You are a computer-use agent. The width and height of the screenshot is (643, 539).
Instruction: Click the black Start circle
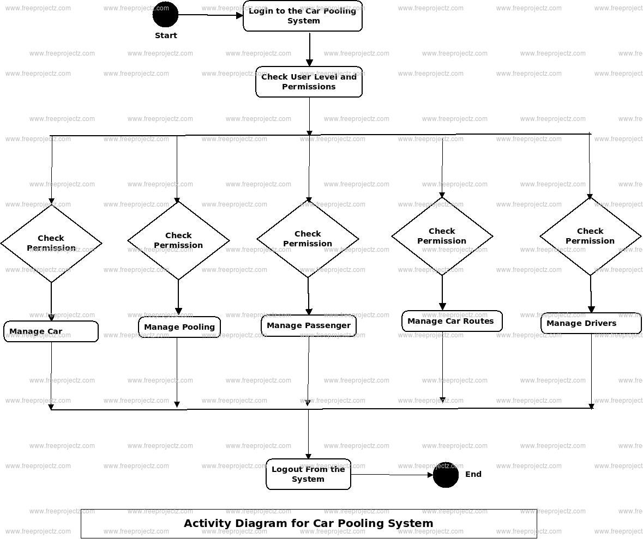tap(165, 15)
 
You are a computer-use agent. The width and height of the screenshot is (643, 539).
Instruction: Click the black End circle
tap(446, 475)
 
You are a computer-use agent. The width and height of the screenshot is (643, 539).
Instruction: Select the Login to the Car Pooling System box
tap(303, 16)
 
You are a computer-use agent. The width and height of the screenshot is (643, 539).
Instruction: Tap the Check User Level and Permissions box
tap(309, 82)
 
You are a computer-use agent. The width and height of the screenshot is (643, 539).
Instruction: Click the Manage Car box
tap(51, 331)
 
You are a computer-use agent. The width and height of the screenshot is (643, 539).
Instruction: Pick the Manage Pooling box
tap(179, 327)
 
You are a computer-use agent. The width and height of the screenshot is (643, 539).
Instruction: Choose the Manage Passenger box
tap(309, 325)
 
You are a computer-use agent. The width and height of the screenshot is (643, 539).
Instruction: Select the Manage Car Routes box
tap(452, 321)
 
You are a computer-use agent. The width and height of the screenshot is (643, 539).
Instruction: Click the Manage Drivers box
tap(591, 323)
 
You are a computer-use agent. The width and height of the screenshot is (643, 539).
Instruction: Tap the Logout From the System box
tap(308, 474)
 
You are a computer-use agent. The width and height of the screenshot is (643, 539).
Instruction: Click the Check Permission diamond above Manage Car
tap(51, 243)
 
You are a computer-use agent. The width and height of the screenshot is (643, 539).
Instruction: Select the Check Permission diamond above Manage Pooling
tap(178, 240)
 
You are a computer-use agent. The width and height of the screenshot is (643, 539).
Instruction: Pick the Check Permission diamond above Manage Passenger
tap(308, 239)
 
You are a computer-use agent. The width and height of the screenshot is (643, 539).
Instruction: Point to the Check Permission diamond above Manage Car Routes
tap(442, 236)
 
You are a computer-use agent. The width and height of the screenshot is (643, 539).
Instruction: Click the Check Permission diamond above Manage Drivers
tap(590, 236)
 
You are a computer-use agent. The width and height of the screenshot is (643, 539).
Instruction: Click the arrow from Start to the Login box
tap(211, 15)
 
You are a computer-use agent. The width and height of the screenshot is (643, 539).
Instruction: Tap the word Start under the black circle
tap(166, 35)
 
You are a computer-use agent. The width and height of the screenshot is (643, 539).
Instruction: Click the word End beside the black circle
tap(473, 474)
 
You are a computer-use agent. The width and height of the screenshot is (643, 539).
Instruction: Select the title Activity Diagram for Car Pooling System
tap(309, 524)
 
